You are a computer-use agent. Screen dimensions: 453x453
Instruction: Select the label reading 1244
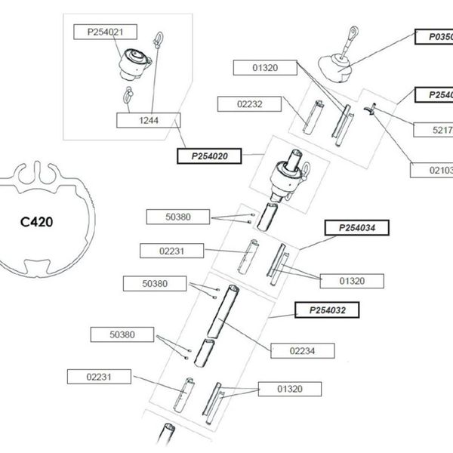149,119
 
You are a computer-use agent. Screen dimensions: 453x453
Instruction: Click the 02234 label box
301,350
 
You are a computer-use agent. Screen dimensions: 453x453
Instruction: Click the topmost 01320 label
263,68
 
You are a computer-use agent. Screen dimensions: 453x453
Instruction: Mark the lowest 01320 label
289,389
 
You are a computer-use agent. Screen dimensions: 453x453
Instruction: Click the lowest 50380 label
121,334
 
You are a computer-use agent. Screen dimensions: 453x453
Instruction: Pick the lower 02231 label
99,376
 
